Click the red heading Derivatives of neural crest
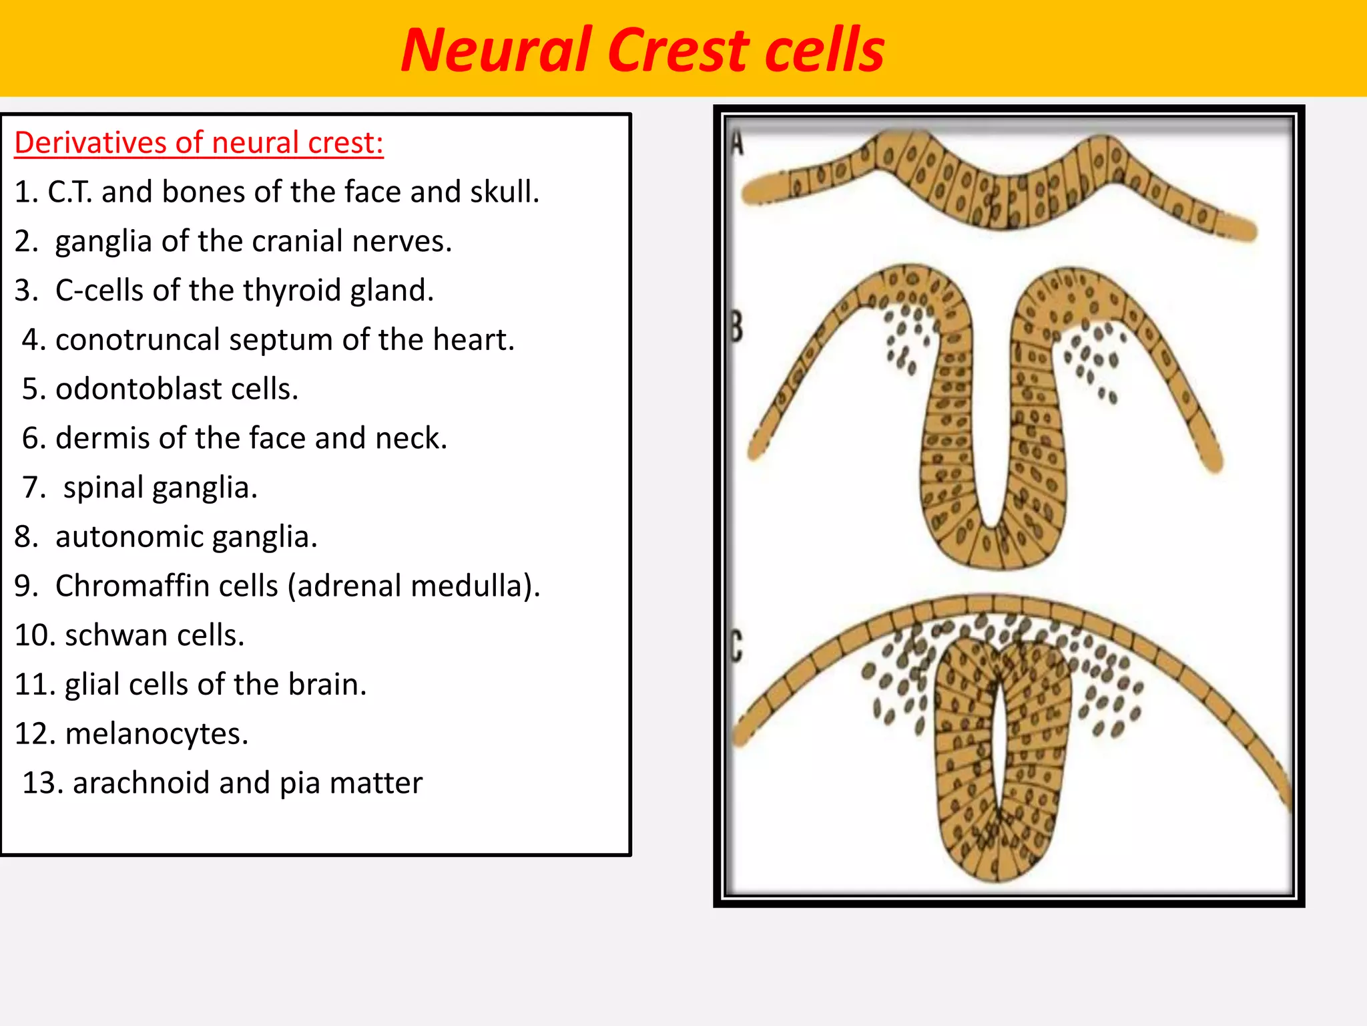point(199,143)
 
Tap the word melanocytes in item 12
point(156,734)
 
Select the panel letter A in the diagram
point(737,142)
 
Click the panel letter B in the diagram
point(736,327)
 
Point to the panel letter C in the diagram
point(736,646)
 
